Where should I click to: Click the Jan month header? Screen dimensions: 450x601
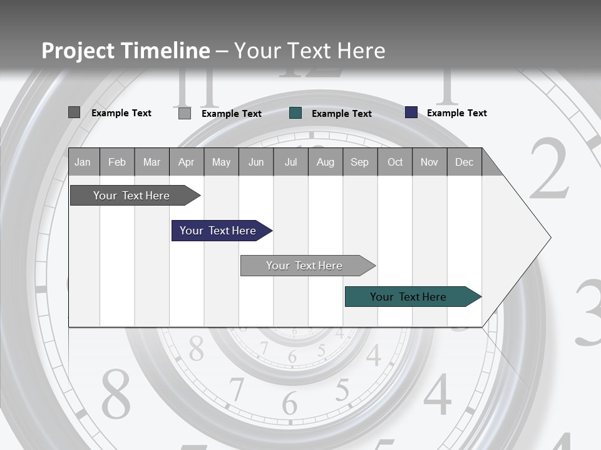point(83,162)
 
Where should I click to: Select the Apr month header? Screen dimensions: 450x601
point(186,162)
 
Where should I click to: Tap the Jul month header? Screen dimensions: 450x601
point(290,162)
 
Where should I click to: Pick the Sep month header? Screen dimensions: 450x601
point(359,162)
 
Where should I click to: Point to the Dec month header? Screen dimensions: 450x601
point(464,162)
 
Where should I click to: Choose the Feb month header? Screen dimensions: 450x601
point(117,162)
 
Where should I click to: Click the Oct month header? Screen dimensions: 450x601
point(395,162)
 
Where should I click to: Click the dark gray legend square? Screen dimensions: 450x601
point(74,112)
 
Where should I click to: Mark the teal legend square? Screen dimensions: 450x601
point(295,113)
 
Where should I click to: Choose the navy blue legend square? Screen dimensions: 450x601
point(411,112)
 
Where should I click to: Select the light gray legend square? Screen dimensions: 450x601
point(185,113)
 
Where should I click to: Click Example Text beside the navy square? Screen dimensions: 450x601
point(456,113)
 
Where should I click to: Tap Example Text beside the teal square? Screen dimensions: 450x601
point(341,114)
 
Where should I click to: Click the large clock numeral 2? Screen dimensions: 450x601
point(550,169)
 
